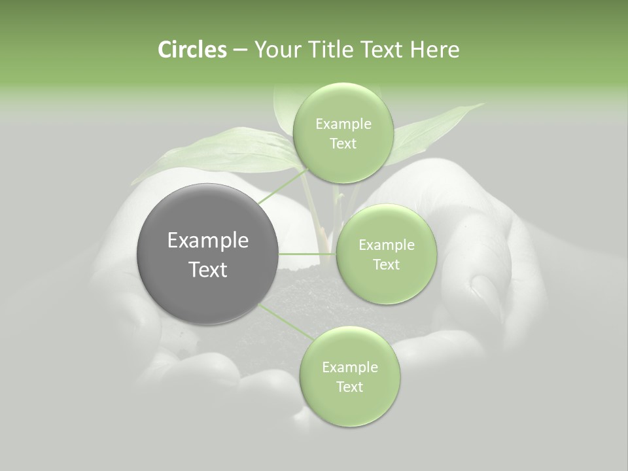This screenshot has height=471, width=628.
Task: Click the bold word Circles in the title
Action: click(x=192, y=50)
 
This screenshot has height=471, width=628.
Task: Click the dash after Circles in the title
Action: click(x=239, y=50)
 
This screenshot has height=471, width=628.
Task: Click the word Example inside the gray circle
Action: click(x=208, y=241)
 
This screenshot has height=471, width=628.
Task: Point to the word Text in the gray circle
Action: click(x=208, y=270)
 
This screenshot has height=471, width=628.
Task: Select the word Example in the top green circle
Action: click(x=343, y=124)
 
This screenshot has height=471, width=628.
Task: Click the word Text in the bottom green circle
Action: click(x=349, y=387)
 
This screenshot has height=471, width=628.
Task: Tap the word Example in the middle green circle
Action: click(x=386, y=245)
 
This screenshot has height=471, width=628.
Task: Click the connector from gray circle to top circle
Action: click(x=283, y=186)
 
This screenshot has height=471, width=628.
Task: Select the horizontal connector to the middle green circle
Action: click(x=307, y=253)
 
